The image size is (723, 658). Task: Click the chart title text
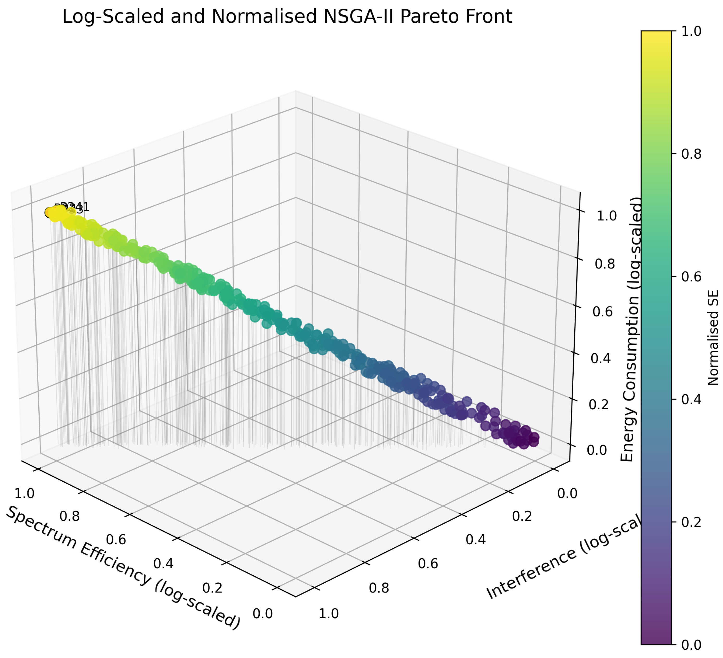tap(287, 17)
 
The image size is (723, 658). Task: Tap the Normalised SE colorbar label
tap(713, 338)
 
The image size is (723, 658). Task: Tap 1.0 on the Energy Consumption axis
tap(606, 216)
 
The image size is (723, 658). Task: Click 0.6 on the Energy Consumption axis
tap(603, 312)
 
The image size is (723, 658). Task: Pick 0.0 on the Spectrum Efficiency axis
tap(263, 613)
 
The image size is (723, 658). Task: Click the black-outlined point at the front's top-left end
tap(50, 213)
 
